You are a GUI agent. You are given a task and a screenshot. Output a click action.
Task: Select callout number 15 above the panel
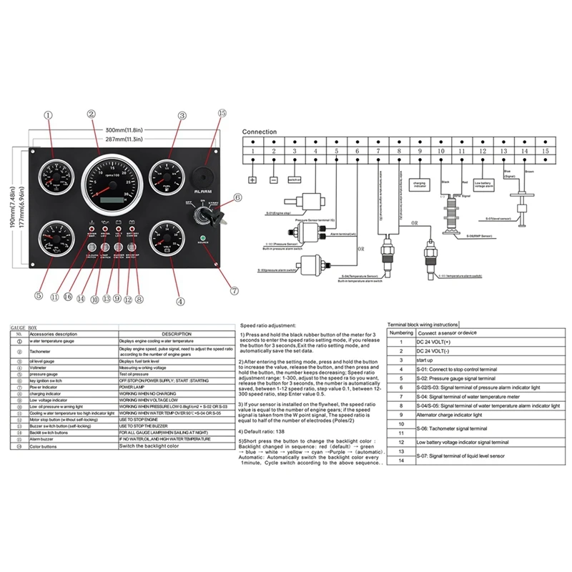[222, 114]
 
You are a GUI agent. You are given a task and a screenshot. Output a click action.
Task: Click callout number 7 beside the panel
[232, 291]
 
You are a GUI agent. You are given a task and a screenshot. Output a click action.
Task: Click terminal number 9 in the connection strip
[420, 152]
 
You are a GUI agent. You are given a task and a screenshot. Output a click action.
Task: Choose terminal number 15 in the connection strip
[546, 152]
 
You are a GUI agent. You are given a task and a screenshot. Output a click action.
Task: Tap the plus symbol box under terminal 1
[252, 179]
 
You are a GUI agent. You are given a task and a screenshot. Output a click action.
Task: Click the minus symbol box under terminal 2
[273, 179]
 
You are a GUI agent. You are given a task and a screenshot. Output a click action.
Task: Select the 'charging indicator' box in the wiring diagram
[420, 184]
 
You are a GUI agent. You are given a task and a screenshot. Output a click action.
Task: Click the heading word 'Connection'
[259, 132]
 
